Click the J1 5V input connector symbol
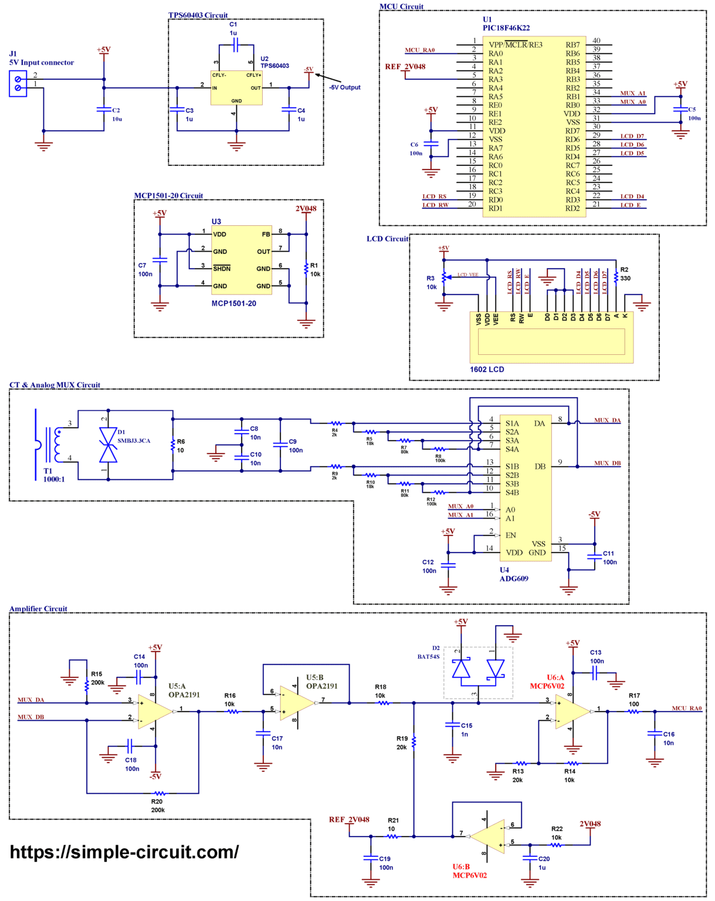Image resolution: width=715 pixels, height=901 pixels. tap(18, 83)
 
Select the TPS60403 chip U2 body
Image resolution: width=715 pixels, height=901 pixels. tap(236, 88)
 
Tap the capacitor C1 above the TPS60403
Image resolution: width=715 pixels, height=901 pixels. tap(233, 45)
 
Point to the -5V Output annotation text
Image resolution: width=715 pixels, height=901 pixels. tap(345, 87)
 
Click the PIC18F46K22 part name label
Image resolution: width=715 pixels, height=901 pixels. tap(506, 28)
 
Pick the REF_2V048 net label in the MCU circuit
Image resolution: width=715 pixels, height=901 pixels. tap(405, 67)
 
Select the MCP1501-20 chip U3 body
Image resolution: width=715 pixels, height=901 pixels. tap(242, 260)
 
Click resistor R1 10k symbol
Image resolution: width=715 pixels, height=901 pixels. tap(306, 269)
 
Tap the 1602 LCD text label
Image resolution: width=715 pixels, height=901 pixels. tap(486, 370)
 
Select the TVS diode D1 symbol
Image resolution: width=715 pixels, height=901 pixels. tap(108, 445)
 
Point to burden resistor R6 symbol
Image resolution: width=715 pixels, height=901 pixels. tap(173, 445)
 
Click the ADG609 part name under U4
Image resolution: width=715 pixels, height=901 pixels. tap(514, 578)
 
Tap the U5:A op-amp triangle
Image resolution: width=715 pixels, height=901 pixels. tap(154, 712)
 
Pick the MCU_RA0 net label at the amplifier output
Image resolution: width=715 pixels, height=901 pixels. tap(686, 709)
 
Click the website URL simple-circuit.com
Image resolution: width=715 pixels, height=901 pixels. tap(124, 852)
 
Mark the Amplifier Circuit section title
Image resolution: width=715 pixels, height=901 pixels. tap(38, 609)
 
